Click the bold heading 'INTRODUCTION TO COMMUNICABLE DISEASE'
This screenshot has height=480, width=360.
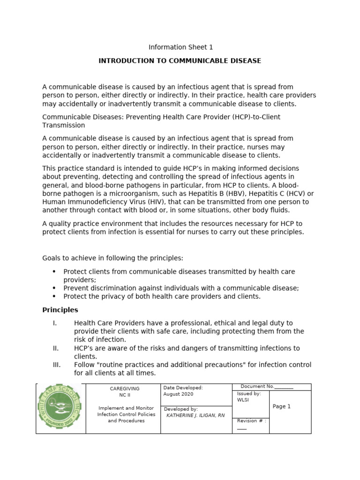[180, 61]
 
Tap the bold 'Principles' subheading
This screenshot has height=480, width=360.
[60, 310]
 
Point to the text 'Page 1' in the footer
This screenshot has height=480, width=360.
[282, 406]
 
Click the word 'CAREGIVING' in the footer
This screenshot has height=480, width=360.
[124, 389]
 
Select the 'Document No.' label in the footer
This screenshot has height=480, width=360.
[257, 386]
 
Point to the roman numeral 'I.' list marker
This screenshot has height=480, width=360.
[55, 323]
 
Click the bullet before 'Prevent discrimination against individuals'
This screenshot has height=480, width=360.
[54, 288]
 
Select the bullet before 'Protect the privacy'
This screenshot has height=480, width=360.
[54, 296]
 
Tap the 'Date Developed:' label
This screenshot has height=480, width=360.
[183, 388]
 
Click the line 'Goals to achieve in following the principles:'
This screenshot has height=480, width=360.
[113, 258]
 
